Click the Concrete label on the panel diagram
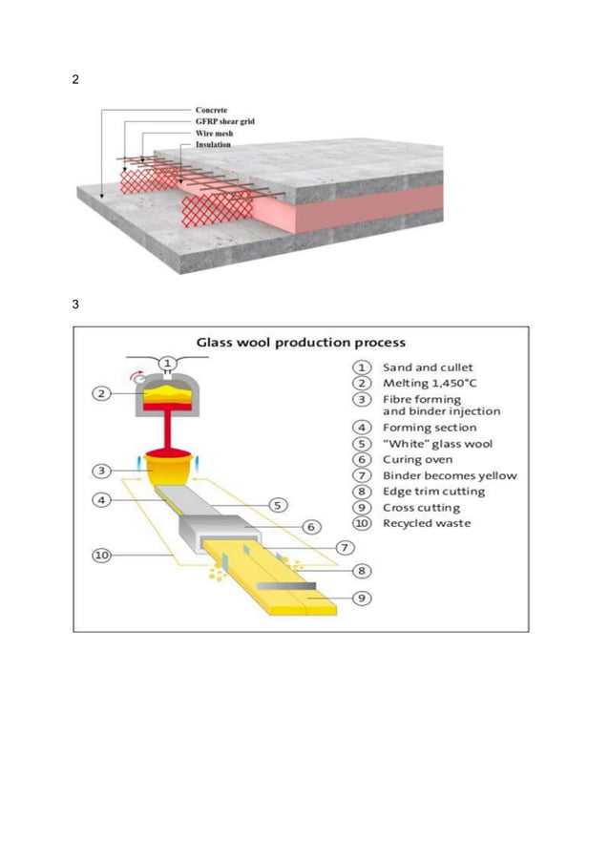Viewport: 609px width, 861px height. point(211,110)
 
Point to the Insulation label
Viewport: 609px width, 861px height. point(214,145)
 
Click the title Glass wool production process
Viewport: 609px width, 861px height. point(301,342)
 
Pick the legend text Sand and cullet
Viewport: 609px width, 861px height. point(427,367)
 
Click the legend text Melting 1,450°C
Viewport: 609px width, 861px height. point(429,383)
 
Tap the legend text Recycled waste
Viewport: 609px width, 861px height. point(426,523)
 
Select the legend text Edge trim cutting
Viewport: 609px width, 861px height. point(433,492)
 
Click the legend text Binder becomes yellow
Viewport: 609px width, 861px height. point(450,475)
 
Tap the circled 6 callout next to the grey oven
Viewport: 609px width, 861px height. point(310,527)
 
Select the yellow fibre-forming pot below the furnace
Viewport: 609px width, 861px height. point(166,468)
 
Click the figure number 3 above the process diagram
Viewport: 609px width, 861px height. point(76,305)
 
